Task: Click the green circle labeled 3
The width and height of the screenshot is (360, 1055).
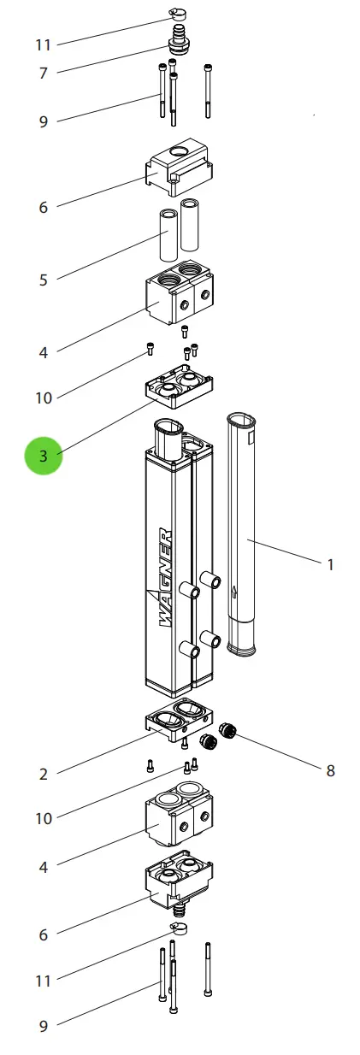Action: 44,456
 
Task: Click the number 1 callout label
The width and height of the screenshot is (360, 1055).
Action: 330,564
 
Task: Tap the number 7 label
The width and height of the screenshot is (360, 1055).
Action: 44,73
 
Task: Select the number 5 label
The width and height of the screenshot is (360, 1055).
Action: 44,280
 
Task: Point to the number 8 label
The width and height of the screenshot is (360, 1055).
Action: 330,770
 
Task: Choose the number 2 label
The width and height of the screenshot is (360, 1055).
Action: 44,774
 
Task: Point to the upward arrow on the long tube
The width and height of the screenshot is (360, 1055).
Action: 234,592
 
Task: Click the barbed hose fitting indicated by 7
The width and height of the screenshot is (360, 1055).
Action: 179,41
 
